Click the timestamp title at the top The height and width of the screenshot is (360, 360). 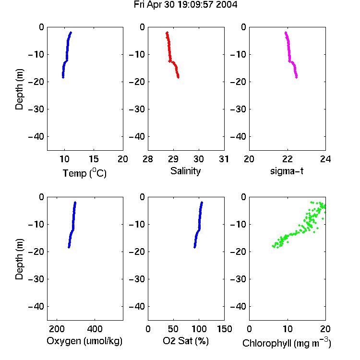coord(185,5)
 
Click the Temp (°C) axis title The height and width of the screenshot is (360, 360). coord(84,173)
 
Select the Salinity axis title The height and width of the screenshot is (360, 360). coord(185,171)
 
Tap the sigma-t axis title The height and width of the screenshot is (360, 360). coord(287,171)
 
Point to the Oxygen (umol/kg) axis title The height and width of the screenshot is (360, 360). coord(84,341)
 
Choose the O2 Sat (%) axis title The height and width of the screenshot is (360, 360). coord(186,341)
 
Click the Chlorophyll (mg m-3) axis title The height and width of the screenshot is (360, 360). coord(287,343)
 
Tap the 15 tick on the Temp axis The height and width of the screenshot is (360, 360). coord(94,159)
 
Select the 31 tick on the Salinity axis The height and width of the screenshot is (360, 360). coord(224,159)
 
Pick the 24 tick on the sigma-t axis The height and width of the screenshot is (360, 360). coord(325,159)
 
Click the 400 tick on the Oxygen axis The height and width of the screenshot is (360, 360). coord(95,329)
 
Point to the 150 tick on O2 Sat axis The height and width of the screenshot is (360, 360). coord(225,329)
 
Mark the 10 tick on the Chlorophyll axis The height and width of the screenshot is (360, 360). coord(288,329)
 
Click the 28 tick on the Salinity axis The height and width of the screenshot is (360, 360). coord(148,159)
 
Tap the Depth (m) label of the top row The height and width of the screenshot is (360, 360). coord(19,89)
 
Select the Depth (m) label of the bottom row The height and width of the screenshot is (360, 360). coord(19,259)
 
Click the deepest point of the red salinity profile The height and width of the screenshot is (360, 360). coord(178,77)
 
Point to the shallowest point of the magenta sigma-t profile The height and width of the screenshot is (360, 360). coord(286,33)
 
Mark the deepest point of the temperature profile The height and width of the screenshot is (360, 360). coord(63,77)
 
